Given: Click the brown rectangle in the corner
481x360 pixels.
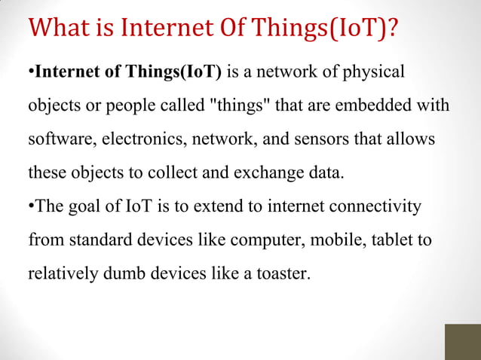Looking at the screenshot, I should (x=462, y=342).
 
